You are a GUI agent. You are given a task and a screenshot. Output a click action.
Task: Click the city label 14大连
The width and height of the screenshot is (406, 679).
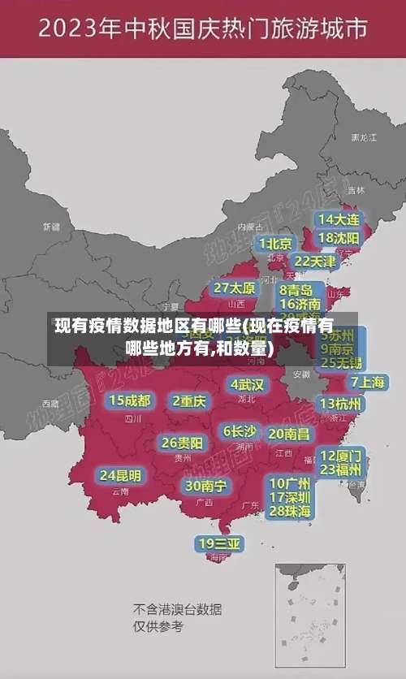tap(339, 219)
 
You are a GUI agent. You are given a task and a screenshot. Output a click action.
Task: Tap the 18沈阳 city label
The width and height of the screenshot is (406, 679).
tap(339, 238)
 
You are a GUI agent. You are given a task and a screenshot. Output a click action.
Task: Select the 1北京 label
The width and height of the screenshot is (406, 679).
tap(275, 244)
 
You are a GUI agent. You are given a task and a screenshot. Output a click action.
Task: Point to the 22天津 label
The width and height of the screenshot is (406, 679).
tap(314, 262)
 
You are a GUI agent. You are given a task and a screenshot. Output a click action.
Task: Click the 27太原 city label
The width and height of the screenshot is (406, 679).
tap(235, 288)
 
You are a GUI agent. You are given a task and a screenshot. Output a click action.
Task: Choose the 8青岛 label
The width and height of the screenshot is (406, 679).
tap(296, 290)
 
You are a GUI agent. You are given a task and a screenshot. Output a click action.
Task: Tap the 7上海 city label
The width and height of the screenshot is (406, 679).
tap(367, 381)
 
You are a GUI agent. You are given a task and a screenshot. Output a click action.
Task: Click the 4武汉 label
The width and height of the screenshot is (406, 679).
tap(248, 384)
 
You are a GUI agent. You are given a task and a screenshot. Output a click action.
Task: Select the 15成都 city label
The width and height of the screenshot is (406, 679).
tap(130, 400)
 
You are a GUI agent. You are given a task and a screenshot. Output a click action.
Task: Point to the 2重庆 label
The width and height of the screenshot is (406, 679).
tap(190, 400)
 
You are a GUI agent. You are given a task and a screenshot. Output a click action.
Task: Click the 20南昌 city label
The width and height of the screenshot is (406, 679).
tap(288, 434)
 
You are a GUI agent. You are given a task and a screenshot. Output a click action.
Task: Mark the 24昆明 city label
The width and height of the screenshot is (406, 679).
tap(120, 475)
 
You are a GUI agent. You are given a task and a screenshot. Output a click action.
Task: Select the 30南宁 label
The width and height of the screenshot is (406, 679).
tap(205, 486)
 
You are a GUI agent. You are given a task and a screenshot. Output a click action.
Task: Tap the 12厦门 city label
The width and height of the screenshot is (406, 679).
tap(341, 455)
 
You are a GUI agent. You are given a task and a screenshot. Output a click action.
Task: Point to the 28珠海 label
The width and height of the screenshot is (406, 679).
tap(290, 511)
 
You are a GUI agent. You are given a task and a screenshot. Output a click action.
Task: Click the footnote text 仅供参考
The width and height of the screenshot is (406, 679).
tap(158, 626)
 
